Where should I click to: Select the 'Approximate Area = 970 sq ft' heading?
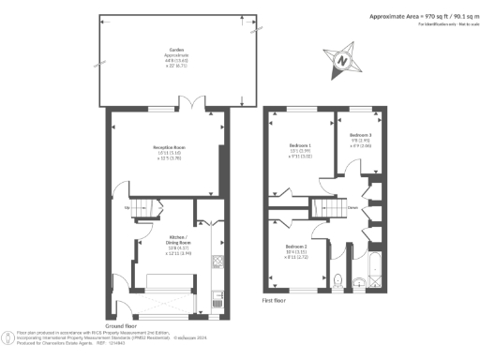pos(412,17)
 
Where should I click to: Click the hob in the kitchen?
pos(217,262)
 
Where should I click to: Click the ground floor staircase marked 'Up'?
pos(138,208)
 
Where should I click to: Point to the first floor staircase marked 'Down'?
pos(325,208)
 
